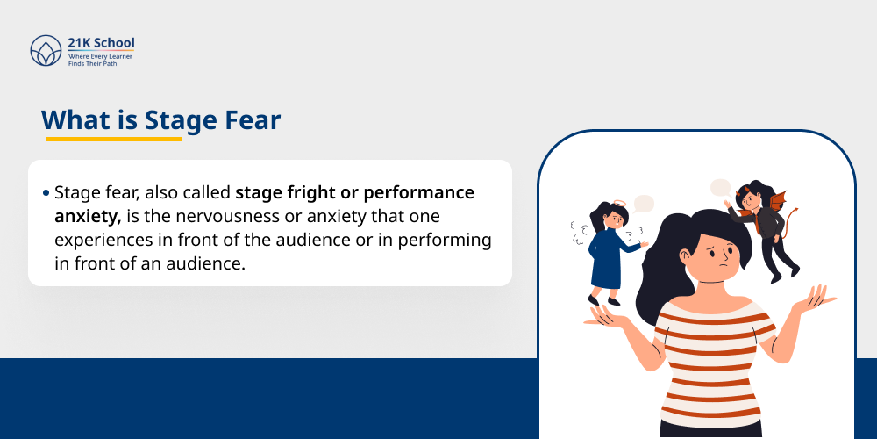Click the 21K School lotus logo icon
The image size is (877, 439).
[x=46, y=50]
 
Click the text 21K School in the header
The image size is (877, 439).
[x=102, y=43]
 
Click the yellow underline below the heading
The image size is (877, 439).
[x=114, y=139]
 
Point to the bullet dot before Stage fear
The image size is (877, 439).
[x=46, y=193]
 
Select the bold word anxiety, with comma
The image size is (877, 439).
[x=88, y=216]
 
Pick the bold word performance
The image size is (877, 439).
[x=419, y=192]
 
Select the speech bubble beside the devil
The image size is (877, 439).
[x=720, y=187]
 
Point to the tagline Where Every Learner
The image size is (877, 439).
[x=101, y=56]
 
